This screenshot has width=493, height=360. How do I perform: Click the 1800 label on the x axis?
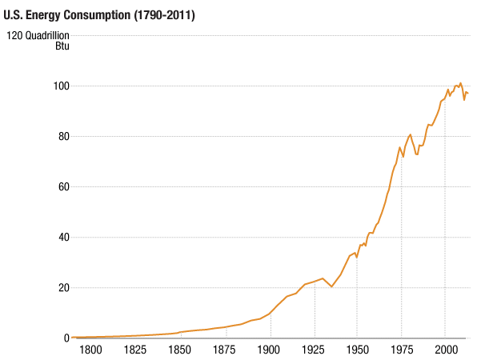pyautogui.click(x=90, y=350)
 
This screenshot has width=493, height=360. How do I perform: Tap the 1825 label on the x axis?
pyautogui.click(x=134, y=350)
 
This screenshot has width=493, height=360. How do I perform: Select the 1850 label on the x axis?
pyautogui.click(x=179, y=350)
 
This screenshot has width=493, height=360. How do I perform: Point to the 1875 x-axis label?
pyautogui.click(x=224, y=350)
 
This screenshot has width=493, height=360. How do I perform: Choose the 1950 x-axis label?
pyautogui.click(x=357, y=350)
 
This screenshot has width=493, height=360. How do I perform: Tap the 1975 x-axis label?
pyautogui.click(x=402, y=350)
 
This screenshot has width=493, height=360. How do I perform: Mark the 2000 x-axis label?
pyautogui.click(x=446, y=350)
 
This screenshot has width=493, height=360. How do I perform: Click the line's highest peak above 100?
pyautogui.click(x=460, y=82)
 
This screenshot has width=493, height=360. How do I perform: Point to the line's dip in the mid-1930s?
pyautogui.click(x=331, y=286)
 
